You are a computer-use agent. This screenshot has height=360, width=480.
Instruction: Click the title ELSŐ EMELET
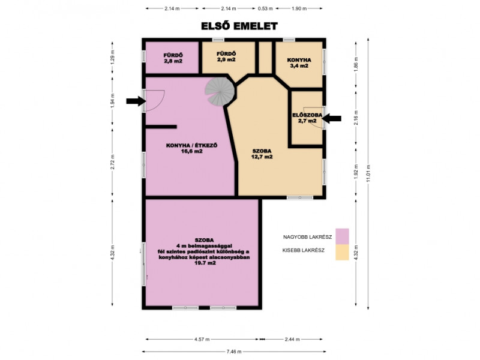[x=239, y=26]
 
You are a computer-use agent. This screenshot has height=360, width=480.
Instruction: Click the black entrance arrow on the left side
[x=136, y=101]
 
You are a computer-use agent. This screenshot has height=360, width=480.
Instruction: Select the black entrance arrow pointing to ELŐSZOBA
[x=332, y=118]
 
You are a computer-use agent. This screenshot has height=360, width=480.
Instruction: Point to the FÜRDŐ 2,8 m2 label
[x=173, y=58]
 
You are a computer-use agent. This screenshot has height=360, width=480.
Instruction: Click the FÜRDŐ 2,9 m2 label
[x=226, y=56]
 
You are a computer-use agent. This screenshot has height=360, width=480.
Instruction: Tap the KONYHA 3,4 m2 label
[x=299, y=63]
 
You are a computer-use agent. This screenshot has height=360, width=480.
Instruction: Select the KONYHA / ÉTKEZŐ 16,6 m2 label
[x=191, y=148]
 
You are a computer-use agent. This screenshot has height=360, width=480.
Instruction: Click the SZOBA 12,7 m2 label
[x=262, y=154]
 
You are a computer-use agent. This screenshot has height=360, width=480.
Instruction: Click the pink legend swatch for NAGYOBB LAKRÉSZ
[x=342, y=236]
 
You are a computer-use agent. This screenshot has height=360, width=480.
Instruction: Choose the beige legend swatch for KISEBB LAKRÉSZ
[x=342, y=252]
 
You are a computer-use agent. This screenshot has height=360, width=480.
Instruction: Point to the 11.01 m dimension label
[x=368, y=173]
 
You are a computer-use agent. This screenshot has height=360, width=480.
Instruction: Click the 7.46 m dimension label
[x=234, y=352]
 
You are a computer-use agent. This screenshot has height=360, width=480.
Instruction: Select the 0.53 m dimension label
[x=265, y=8]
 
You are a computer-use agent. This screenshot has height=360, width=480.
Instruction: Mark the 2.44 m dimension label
[x=292, y=339]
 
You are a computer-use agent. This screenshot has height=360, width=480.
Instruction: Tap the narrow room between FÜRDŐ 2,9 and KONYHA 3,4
[x=265, y=58]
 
